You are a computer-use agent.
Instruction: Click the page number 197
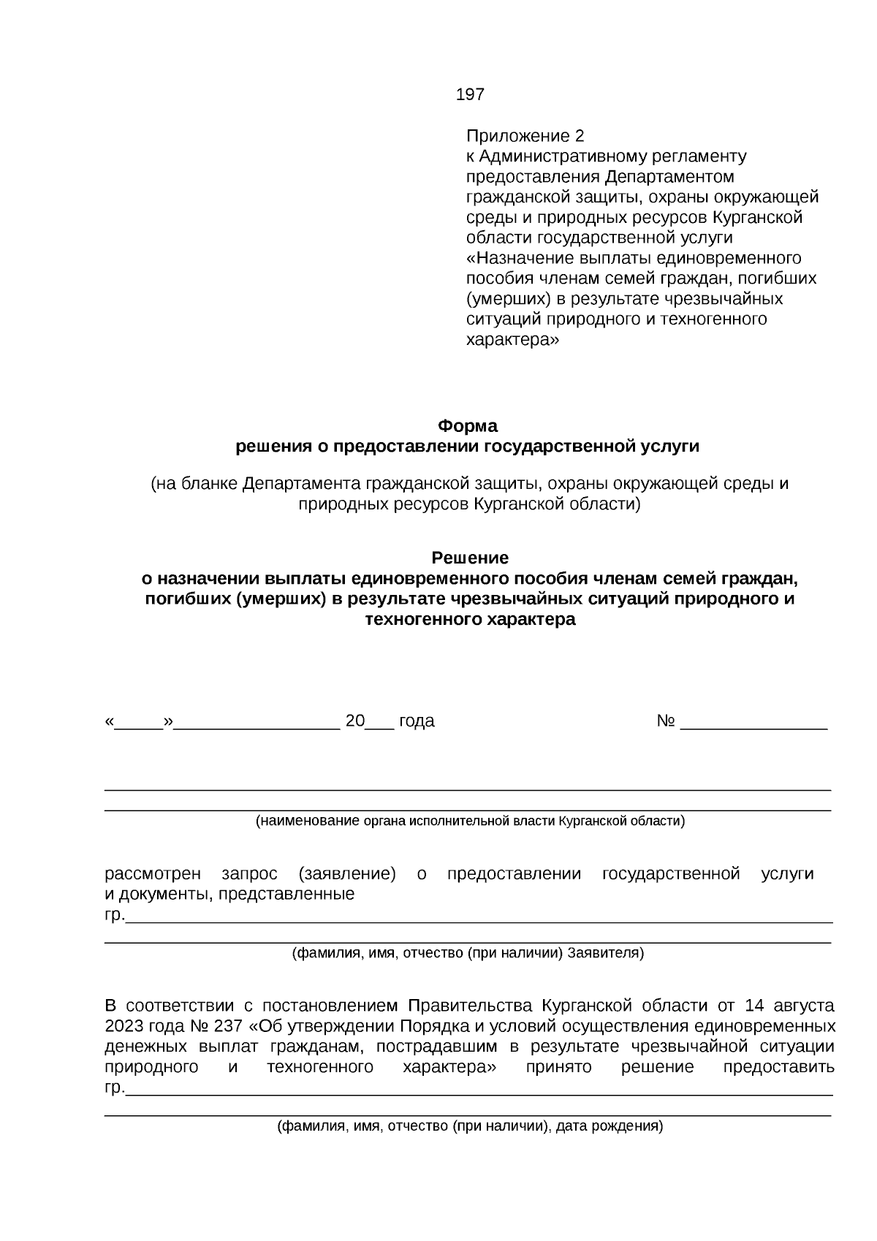(x=470, y=94)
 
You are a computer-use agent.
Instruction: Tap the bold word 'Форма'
(x=467, y=425)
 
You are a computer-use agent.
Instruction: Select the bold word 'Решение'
(x=470, y=558)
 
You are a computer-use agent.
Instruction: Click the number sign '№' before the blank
(x=665, y=721)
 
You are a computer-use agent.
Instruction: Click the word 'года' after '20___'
(x=417, y=721)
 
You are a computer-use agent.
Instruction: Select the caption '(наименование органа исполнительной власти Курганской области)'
(x=470, y=821)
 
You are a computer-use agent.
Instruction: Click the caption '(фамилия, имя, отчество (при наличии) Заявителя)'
(x=468, y=953)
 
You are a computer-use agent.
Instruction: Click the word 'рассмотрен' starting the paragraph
(x=152, y=874)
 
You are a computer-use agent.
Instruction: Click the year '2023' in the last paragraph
(x=125, y=1025)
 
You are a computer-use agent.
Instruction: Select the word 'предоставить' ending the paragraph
(x=778, y=1066)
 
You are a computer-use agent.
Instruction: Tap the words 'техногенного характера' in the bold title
(x=470, y=620)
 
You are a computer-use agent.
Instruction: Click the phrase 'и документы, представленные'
(x=229, y=894)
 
